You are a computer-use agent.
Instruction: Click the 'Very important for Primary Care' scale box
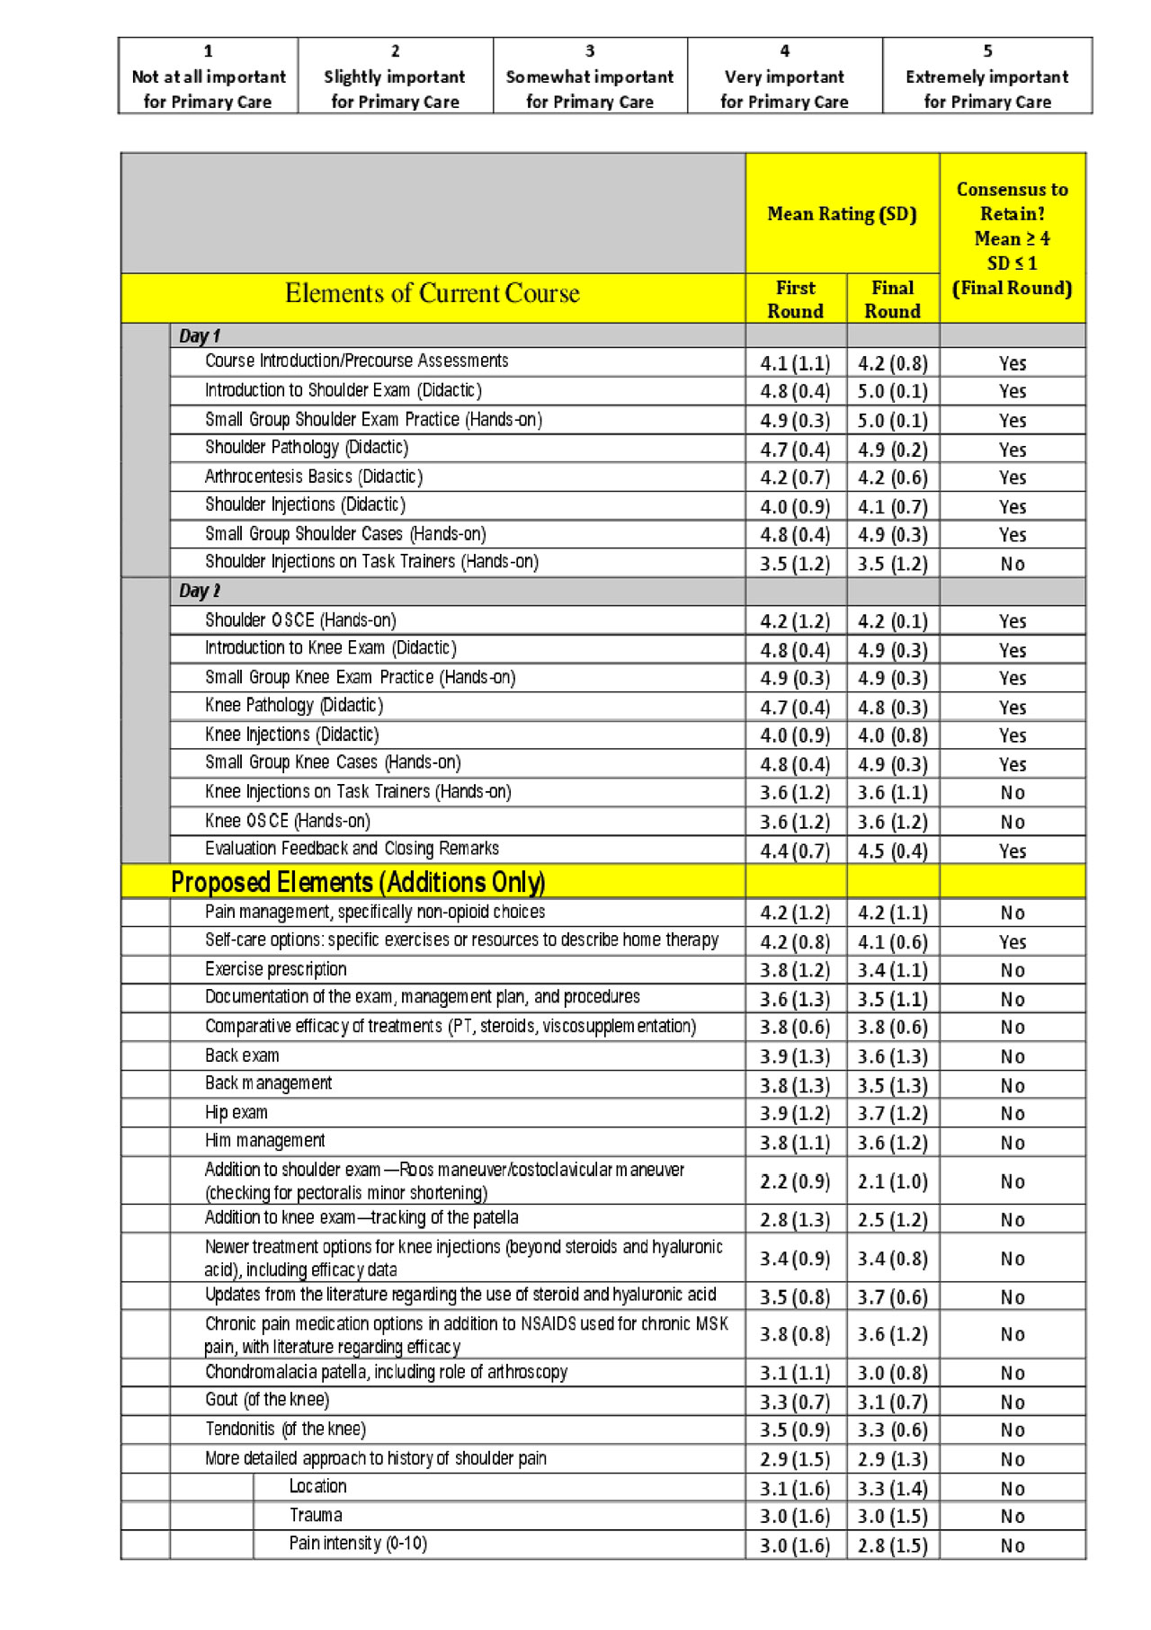(x=784, y=76)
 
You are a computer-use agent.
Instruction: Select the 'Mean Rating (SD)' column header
(x=842, y=214)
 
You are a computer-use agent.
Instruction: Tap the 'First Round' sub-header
(x=795, y=299)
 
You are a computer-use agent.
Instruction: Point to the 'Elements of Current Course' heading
(x=433, y=293)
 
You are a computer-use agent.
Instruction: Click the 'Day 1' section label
(x=200, y=336)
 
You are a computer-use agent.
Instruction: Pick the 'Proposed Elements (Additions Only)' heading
(x=358, y=882)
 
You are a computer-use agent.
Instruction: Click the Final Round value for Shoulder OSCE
(x=892, y=621)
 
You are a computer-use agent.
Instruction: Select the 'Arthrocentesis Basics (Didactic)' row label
(x=314, y=477)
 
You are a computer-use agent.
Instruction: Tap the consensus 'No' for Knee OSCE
(x=1013, y=822)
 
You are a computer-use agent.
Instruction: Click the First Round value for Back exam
(x=795, y=1056)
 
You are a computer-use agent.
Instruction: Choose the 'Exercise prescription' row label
(x=275, y=969)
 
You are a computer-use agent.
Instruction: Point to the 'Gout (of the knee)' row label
(x=267, y=1400)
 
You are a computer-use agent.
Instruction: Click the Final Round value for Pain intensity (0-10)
(x=892, y=1545)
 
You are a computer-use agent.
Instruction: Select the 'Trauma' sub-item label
(x=316, y=1515)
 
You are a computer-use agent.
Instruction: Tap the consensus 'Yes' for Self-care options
(x=1013, y=942)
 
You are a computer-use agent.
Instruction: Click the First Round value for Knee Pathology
(x=795, y=708)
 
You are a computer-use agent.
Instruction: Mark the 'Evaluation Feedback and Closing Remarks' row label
(x=352, y=849)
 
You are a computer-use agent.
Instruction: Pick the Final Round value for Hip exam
(x=892, y=1114)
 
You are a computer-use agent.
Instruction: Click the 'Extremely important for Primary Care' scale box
(x=986, y=76)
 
